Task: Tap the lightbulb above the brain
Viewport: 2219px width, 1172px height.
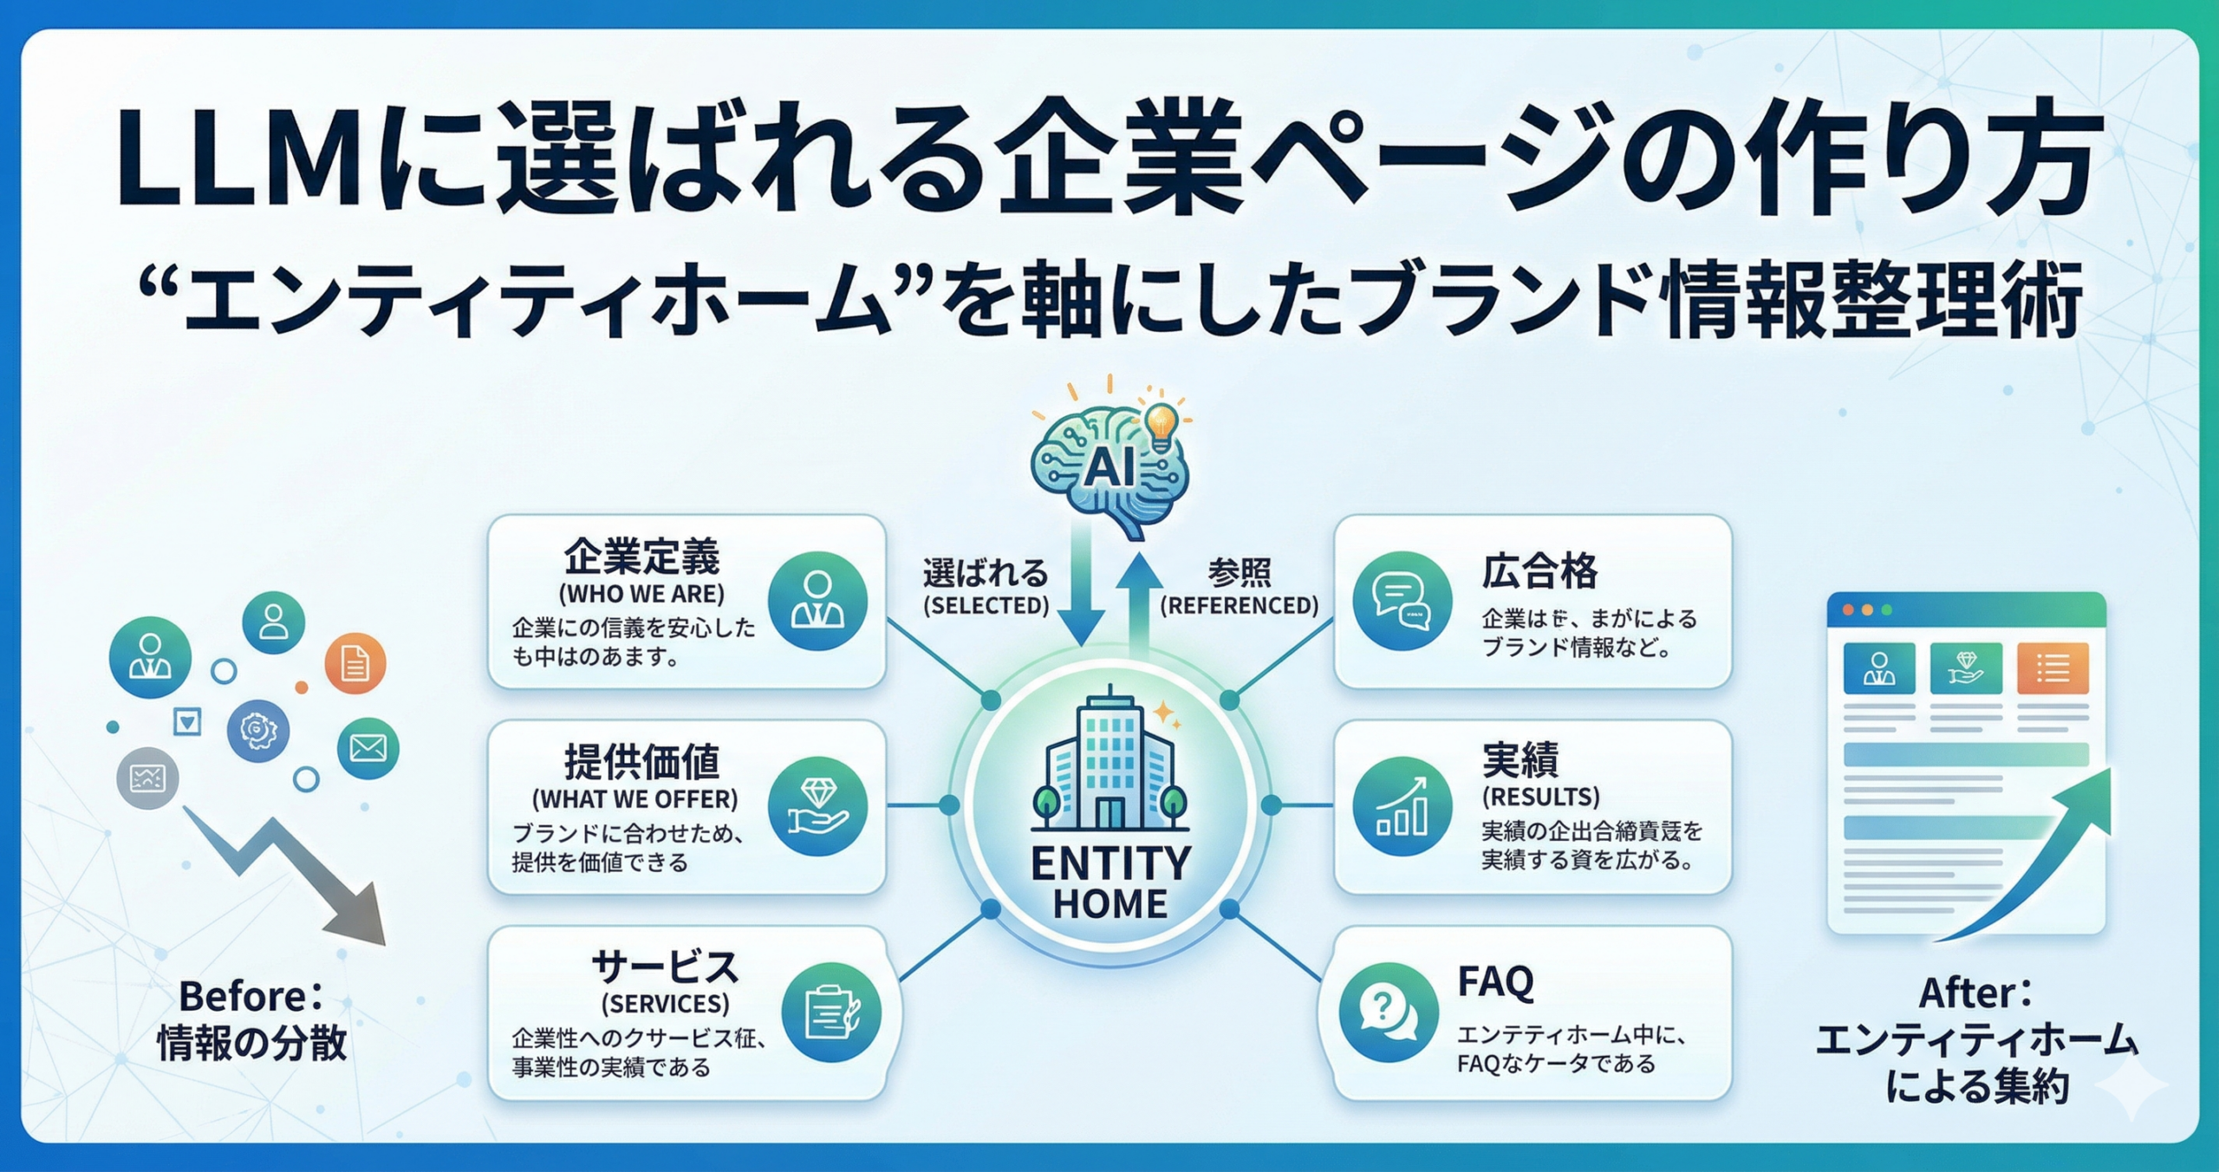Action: click(1161, 426)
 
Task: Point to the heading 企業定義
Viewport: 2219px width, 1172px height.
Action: click(641, 557)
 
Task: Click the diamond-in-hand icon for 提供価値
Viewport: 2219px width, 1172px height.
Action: click(817, 805)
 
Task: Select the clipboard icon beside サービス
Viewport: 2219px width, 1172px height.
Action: click(830, 1012)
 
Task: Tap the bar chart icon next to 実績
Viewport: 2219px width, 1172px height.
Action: click(1402, 805)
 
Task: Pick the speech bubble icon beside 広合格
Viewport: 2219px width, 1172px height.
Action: click(1402, 601)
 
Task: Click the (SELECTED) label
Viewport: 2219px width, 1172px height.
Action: click(986, 605)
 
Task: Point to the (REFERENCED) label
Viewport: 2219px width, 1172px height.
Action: click(1240, 605)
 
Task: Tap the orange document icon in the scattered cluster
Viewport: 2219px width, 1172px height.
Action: click(355, 664)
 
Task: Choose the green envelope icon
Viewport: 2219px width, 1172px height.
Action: click(368, 747)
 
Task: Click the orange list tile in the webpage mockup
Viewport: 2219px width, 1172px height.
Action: click(2053, 668)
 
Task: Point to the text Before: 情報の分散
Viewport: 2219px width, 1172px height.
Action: click(251, 1020)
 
